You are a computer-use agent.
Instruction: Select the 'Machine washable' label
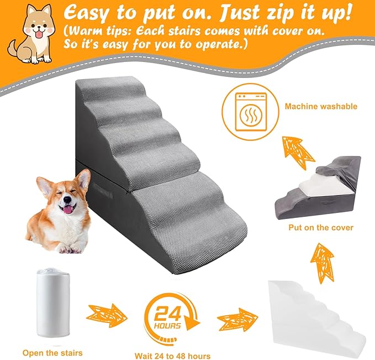click(x=321, y=106)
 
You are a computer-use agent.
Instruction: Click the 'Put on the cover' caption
click(x=320, y=227)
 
